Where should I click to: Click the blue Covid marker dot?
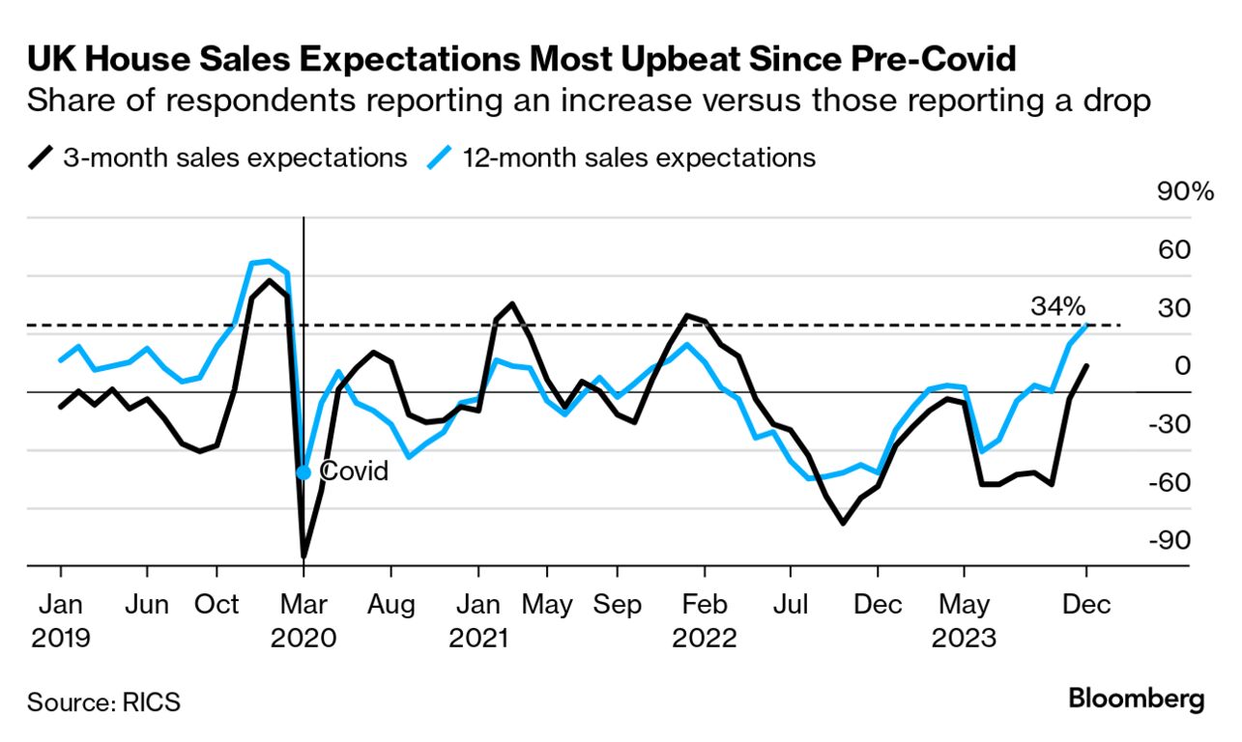tap(303, 472)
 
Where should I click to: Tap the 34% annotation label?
tap(1058, 307)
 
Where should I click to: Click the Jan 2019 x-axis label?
tap(60, 621)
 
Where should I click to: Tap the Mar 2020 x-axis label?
tap(303, 621)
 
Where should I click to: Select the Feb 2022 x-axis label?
tap(705, 621)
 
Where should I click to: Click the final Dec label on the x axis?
tap(1086, 606)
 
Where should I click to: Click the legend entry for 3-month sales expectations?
tap(220, 157)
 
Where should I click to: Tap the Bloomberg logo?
tap(1137, 699)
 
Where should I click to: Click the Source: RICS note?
tap(103, 701)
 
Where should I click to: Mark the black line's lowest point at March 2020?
tap(303, 556)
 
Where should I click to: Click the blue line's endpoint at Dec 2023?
tap(1087, 326)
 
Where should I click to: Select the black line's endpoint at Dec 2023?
tap(1087, 366)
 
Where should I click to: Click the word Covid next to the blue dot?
tap(354, 471)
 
